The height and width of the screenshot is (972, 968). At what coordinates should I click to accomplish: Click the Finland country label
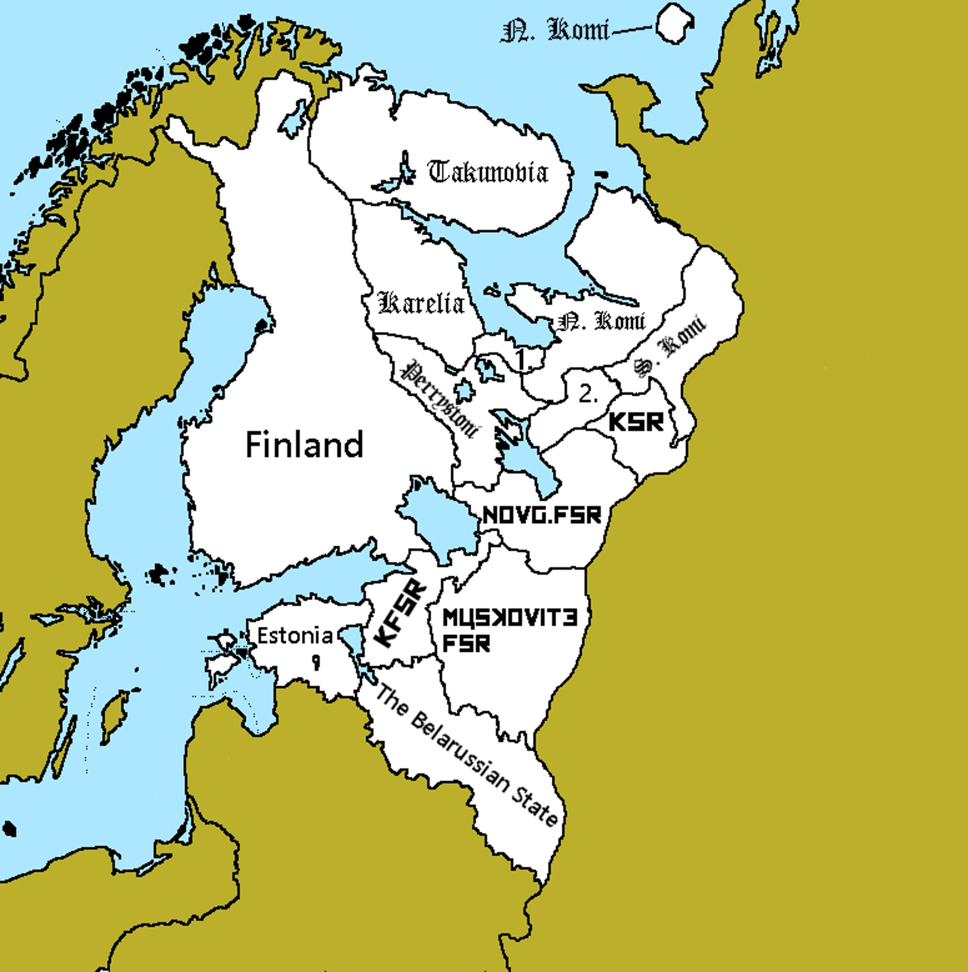304,445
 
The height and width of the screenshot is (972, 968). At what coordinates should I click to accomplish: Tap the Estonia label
295,635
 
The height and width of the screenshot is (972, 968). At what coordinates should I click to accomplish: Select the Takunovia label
488,172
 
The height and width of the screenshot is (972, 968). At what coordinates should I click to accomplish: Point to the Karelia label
422,303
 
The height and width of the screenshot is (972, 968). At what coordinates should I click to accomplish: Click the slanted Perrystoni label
441,399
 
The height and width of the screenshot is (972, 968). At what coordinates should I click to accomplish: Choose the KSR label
636,422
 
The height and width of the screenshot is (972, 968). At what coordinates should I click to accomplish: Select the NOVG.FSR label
542,515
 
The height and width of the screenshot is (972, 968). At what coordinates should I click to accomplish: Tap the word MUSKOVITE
510,618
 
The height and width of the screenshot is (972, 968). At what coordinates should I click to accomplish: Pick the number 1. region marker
523,359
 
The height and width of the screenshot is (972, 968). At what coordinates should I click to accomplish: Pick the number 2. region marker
588,394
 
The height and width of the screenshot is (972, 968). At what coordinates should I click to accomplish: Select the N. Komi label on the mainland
601,321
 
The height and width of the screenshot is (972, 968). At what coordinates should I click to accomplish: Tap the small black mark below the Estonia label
317,662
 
